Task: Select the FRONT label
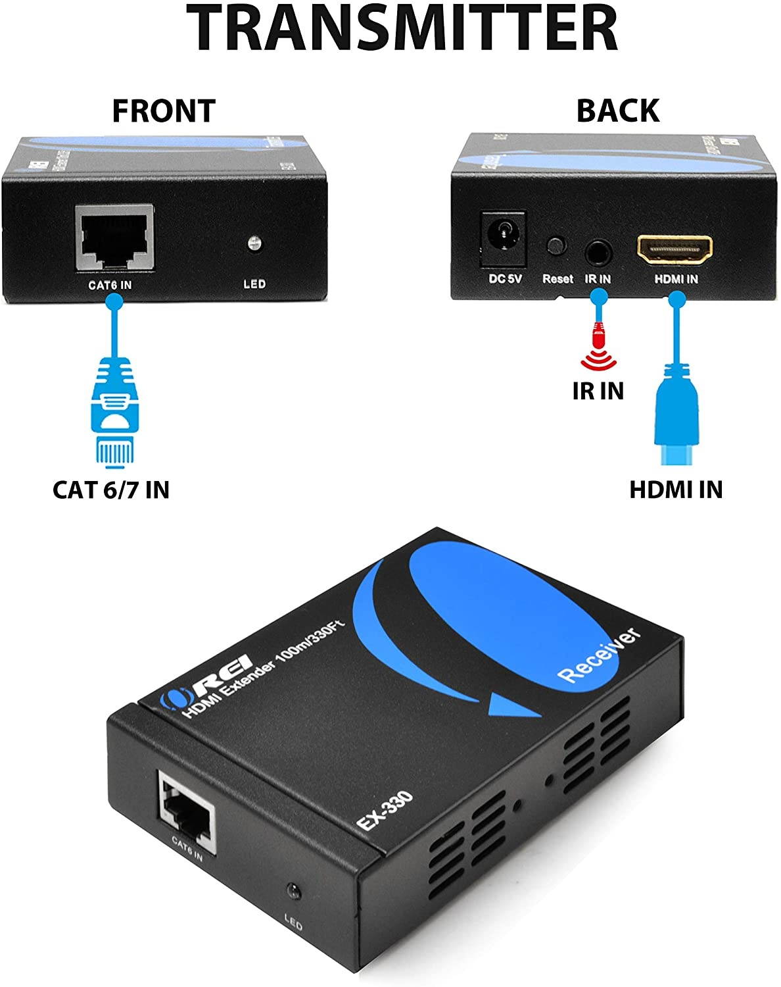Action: click(164, 111)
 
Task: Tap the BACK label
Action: click(617, 111)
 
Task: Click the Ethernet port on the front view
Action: click(114, 237)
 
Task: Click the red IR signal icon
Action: click(598, 349)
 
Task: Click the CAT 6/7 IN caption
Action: click(111, 490)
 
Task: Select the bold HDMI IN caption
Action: click(675, 490)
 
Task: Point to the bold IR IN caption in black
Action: click(598, 391)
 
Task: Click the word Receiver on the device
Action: click(598, 655)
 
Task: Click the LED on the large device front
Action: click(291, 892)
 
